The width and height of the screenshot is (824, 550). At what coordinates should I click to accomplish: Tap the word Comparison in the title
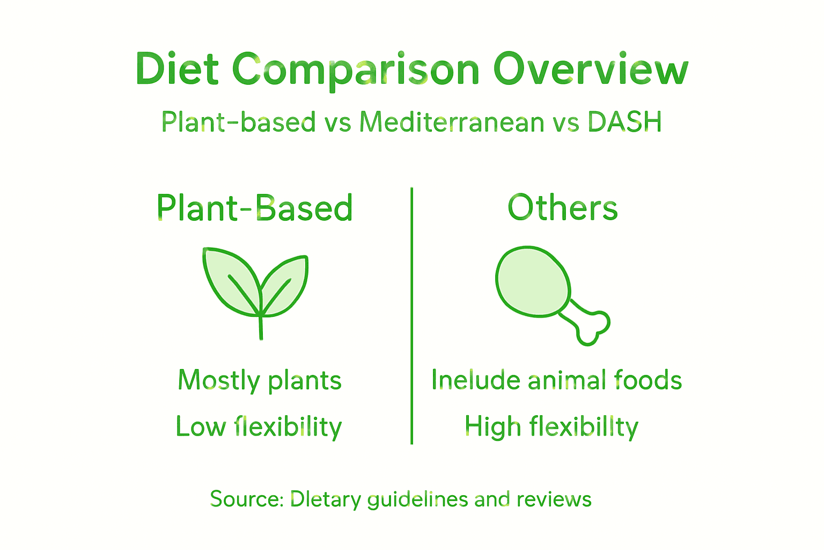[356, 70]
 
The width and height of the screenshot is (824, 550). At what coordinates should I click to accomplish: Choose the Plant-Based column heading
[255, 208]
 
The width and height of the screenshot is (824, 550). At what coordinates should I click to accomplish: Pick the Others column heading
[563, 208]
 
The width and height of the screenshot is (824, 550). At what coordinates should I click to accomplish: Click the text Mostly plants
[260, 380]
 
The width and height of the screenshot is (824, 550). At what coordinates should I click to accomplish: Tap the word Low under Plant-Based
[201, 426]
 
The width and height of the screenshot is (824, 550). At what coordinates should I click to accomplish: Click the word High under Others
[492, 426]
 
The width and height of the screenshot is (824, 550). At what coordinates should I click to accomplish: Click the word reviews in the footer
[554, 499]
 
